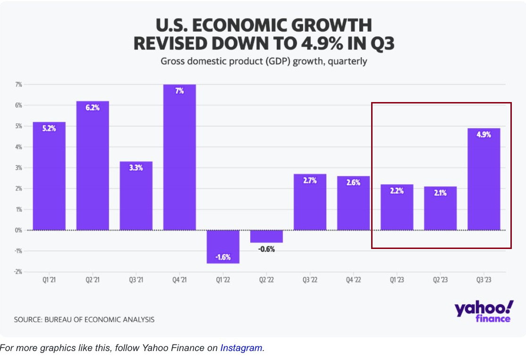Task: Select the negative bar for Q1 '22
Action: click(x=223, y=247)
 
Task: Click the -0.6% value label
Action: click(x=266, y=249)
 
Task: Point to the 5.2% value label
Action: click(x=49, y=128)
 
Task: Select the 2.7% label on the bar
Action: click(x=310, y=180)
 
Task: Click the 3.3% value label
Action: click(x=136, y=168)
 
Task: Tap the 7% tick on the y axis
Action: click(x=19, y=85)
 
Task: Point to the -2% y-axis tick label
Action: click(x=18, y=272)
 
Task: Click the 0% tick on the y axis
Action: click(x=19, y=230)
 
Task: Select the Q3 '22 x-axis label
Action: click(x=310, y=280)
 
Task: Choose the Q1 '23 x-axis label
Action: click(x=397, y=280)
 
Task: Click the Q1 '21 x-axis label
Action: click(x=49, y=280)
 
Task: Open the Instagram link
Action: click(x=241, y=348)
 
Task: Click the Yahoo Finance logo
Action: click(x=483, y=312)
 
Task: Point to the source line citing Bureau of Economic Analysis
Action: click(x=84, y=320)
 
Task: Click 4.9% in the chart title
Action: click(x=320, y=43)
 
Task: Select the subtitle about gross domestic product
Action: click(x=263, y=61)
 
